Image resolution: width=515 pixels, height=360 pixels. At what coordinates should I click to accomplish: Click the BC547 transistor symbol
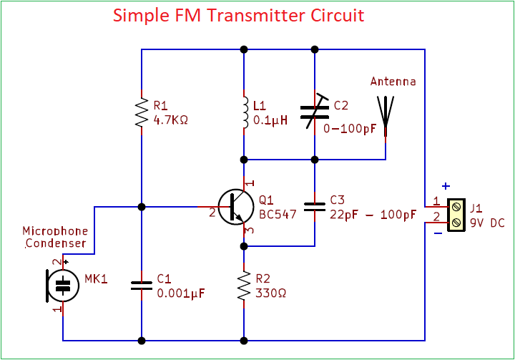click(236, 207)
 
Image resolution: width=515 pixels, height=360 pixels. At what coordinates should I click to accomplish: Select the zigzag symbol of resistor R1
click(142, 112)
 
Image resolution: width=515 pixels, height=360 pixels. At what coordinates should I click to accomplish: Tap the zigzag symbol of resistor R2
click(244, 286)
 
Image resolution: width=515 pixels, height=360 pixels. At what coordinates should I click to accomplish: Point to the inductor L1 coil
click(245, 112)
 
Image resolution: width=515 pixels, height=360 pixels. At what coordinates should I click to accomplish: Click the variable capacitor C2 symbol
click(315, 112)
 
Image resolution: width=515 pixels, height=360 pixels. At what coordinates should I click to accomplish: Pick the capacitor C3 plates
click(315, 207)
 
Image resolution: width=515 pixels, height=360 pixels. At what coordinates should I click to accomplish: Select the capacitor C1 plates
click(142, 286)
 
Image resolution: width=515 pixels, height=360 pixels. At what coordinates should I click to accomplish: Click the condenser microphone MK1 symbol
click(62, 286)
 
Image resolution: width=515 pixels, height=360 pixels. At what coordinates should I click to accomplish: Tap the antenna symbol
click(386, 116)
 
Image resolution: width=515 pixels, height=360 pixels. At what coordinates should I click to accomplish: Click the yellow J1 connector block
click(456, 215)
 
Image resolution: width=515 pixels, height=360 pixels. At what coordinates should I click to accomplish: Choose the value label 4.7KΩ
click(171, 120)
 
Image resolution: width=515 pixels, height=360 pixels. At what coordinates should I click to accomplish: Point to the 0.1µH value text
click(270, 120)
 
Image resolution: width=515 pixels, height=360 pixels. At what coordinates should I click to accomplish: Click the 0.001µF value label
click(181, 293)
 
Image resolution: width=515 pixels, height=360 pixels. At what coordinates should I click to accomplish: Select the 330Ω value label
click(270, 293)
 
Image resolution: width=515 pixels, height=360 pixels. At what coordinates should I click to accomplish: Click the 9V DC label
click(487, 223)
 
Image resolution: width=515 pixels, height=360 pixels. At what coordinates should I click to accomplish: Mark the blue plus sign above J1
click(446, 186)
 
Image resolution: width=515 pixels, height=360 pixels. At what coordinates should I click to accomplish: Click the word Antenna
click(393, 81)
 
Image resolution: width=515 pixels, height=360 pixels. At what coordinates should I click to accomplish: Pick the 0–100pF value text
click(350, 129)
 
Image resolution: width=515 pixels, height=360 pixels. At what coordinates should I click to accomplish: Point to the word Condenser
click(56, 243)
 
